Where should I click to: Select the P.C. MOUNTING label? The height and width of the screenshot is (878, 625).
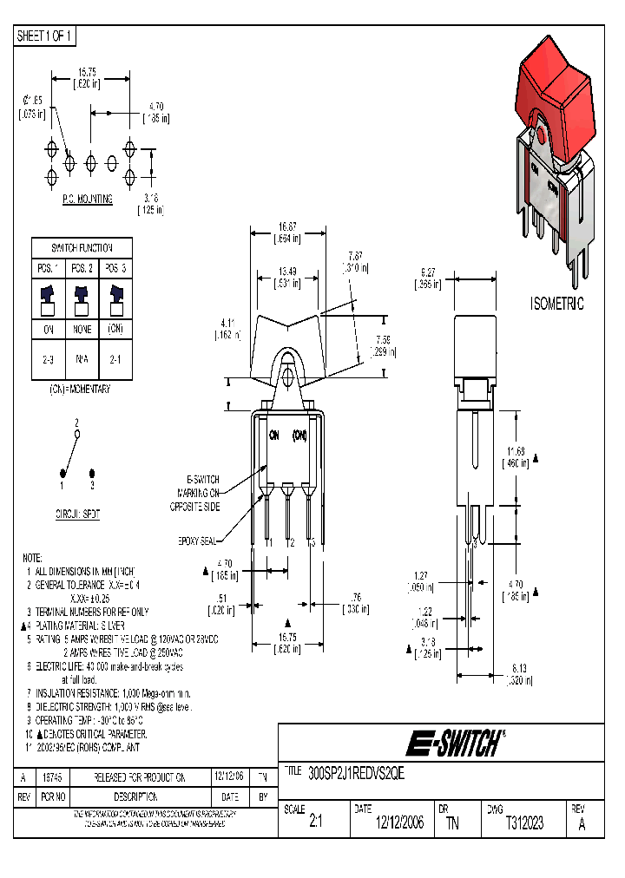point(87,199)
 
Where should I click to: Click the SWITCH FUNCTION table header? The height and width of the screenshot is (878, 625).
point(82,247)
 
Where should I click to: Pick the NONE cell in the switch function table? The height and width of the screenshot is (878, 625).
point(82,331)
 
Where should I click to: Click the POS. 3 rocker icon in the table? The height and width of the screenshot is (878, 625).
point(116,299)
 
